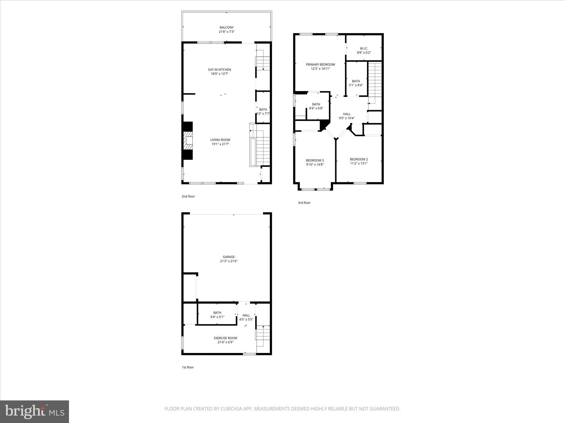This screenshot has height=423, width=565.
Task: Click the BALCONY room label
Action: (226, 28)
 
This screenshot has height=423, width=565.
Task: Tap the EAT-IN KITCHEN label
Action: (220, 70)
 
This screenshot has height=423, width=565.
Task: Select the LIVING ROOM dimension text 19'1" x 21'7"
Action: (220, 144)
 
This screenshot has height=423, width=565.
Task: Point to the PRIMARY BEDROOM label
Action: (320, 64)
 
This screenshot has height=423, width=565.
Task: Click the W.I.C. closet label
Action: (364, 48)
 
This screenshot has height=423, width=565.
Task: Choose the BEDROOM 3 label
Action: (315, 160)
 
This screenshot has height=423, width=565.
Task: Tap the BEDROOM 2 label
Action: (359, 159)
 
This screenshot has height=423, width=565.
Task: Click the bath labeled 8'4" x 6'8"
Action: (316, 106)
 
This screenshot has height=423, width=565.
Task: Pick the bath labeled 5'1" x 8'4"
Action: (356, 83)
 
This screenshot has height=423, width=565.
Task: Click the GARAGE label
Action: (229, 257)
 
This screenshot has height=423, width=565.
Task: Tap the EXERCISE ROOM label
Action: (225, 338)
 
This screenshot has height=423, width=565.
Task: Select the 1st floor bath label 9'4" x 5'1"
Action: (217, 314)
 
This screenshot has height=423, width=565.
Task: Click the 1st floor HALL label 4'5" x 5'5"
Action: (246, 317)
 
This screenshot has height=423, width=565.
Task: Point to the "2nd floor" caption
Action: (188, 196)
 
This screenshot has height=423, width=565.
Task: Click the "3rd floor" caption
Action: (304, 203)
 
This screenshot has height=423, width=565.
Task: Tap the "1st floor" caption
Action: (188, 367)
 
